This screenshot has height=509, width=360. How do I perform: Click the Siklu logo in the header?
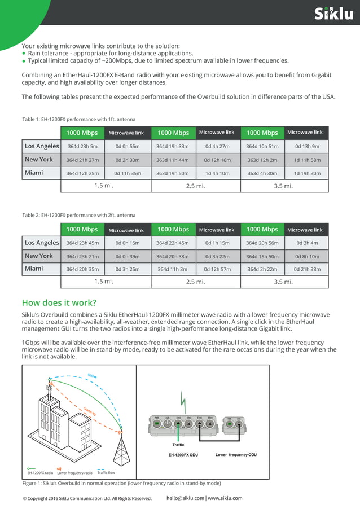333,13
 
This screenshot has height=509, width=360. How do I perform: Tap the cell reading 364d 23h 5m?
82,147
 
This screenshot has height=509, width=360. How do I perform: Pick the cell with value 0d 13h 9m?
307,147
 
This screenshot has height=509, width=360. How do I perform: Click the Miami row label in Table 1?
34,173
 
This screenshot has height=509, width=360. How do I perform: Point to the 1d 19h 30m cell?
307,173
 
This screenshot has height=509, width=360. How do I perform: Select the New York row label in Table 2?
39,256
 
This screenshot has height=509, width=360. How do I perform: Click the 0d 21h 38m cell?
307,270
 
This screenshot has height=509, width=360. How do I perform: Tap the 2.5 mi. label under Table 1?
195,186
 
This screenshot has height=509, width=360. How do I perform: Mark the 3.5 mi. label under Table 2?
283,282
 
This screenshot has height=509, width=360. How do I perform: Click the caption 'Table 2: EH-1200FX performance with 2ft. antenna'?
78,215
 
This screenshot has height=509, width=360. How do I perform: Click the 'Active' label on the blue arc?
93,376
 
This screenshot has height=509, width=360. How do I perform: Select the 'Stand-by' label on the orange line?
89,410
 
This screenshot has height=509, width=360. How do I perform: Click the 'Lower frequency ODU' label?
236,454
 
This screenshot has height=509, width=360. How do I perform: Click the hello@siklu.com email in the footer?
185,498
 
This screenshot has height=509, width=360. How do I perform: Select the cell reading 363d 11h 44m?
173,160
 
